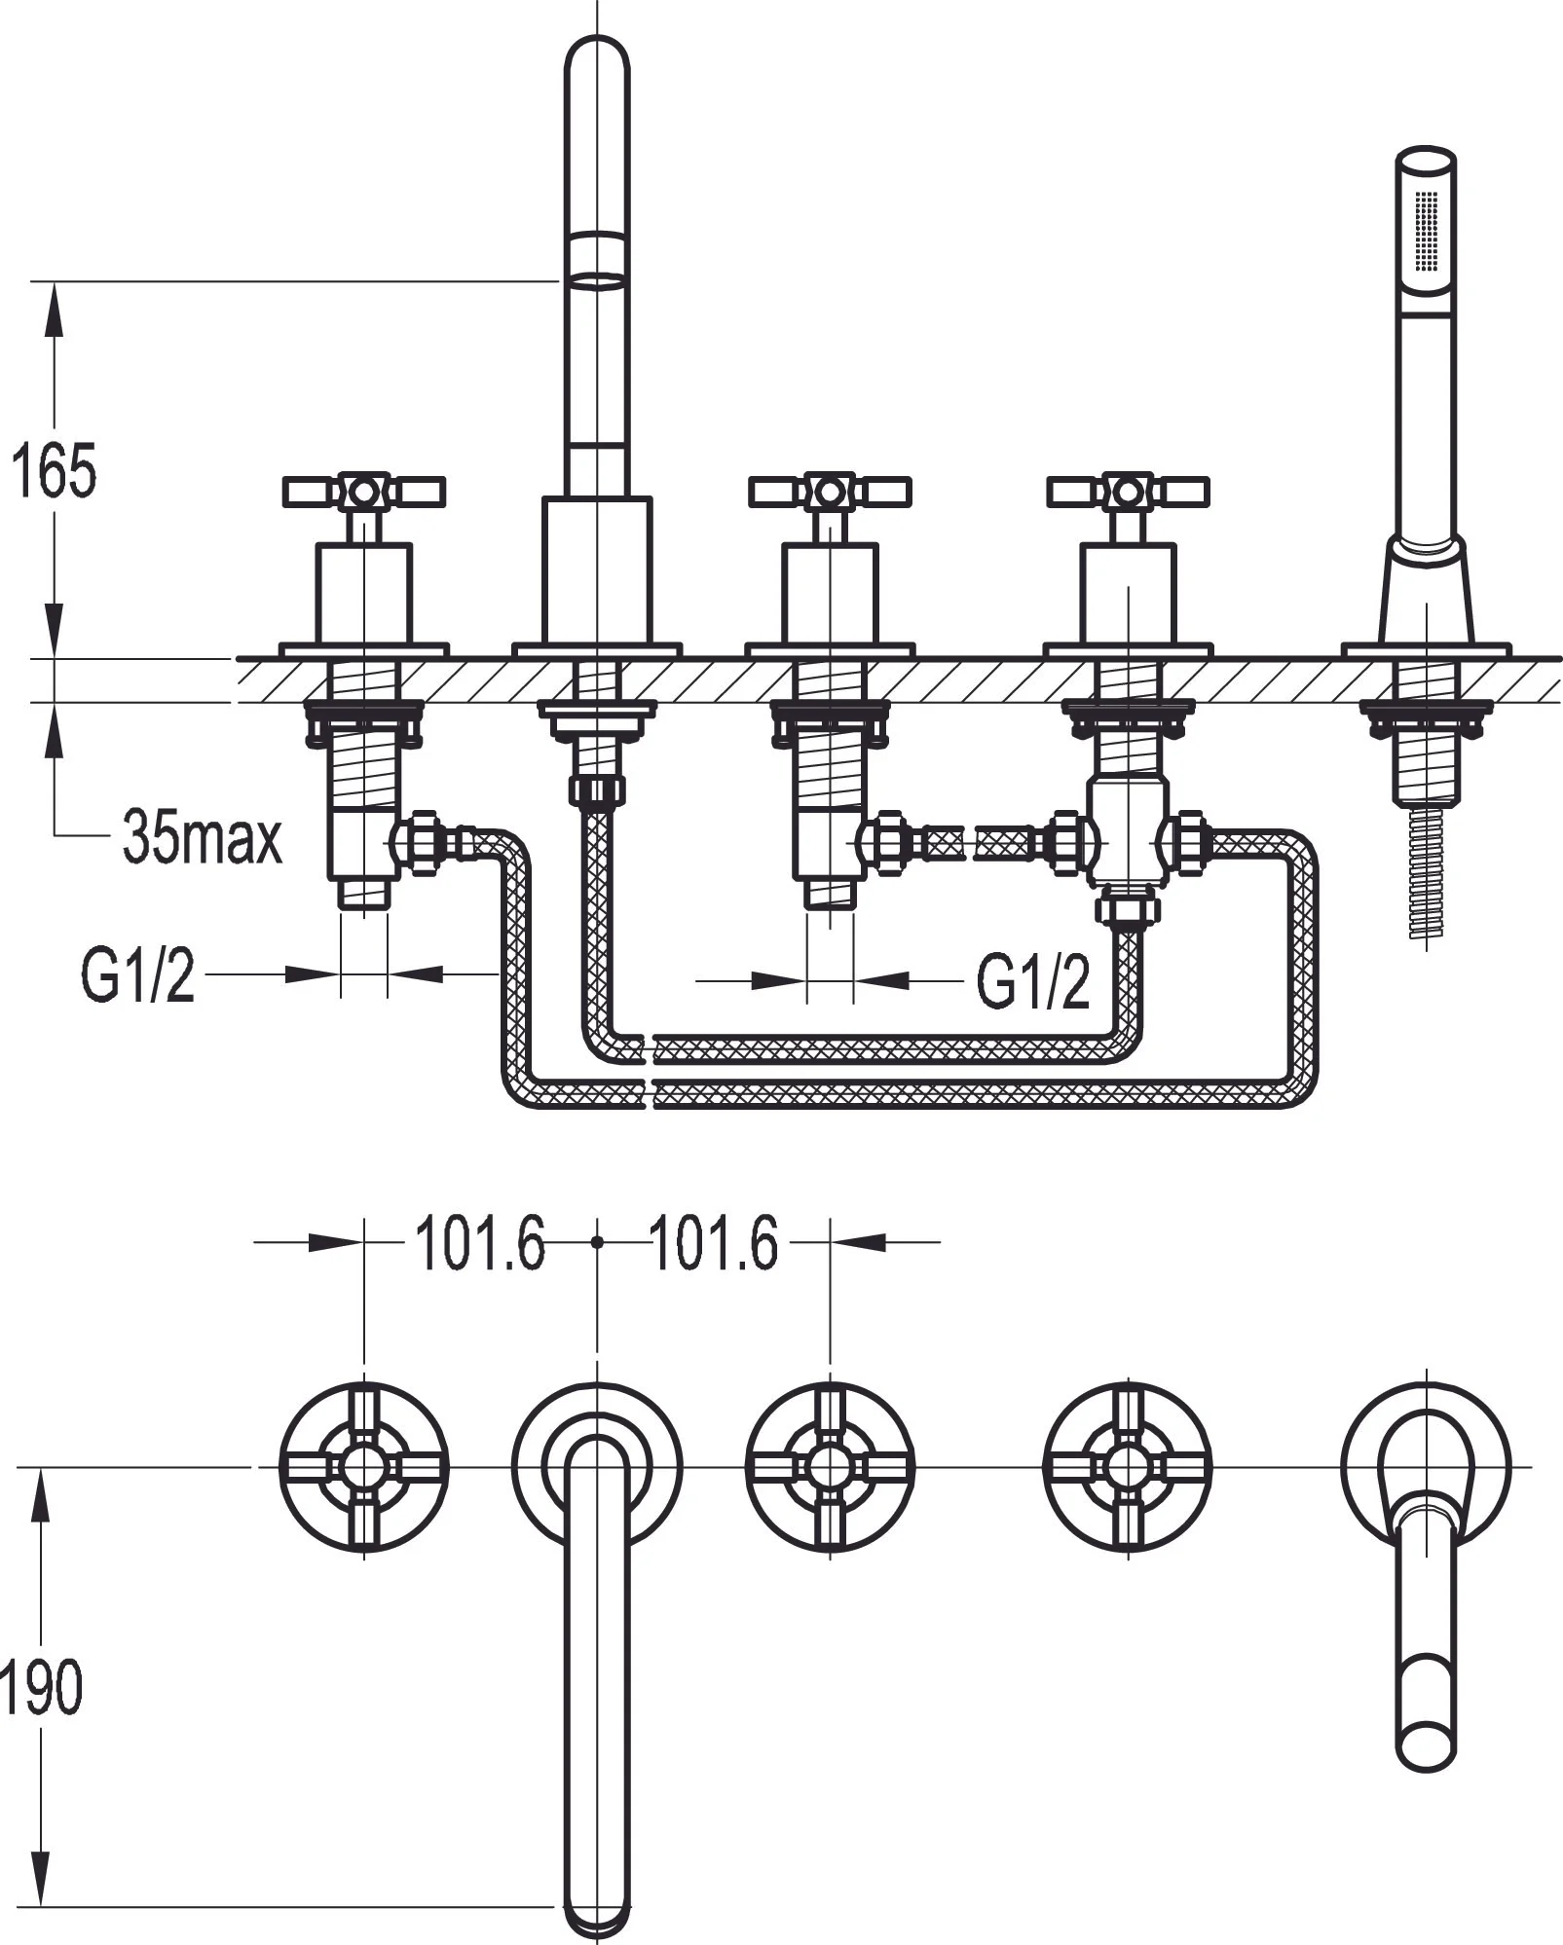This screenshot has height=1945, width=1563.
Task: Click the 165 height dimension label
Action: pos(54,471)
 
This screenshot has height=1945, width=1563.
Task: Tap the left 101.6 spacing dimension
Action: pos(480,1243)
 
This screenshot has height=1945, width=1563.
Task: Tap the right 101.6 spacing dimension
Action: pos(713,1243)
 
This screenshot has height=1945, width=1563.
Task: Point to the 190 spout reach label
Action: pos(41,1688)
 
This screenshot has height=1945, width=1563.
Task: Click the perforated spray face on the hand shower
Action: pos(1427,232)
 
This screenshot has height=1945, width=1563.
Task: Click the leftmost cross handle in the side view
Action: pos(363,492)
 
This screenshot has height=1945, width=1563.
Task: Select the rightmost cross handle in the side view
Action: pos(1128,492)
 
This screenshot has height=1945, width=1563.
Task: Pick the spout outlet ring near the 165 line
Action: pos(596,281)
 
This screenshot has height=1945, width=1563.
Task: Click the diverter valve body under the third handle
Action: pos(1127,832)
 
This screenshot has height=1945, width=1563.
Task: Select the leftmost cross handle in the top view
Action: pos(363,1466)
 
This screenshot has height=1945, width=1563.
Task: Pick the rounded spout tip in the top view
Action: pos(597,1908)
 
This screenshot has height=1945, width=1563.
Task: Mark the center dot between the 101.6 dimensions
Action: pos(597,1242)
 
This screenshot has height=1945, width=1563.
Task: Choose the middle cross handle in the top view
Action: pos(830,1466)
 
